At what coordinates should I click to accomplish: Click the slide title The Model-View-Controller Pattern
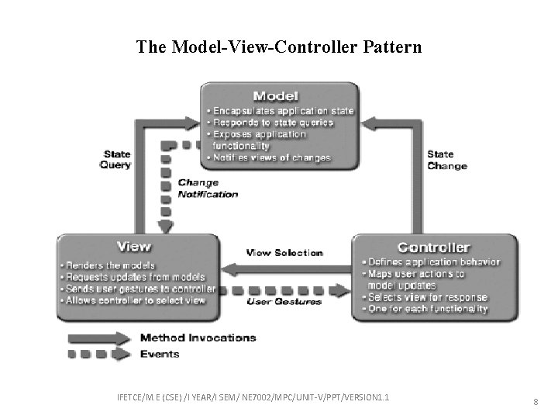point(279,47)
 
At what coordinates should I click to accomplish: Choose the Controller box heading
point(433,248)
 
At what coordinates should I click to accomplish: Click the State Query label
point(115,159)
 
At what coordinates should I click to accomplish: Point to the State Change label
point(447,160)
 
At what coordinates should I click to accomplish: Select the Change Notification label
point(208,189)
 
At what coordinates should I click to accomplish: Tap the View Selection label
point(284,253)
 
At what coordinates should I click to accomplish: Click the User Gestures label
point(284,301)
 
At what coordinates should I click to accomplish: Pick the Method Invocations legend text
point(198,338)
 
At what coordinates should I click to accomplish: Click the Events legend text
point(160,354)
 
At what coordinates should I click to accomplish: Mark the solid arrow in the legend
point(100,338)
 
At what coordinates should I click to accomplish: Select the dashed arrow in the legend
point(100,355)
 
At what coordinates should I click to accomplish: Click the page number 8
point(536,402)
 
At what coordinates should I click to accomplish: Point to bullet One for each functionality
point(425,309)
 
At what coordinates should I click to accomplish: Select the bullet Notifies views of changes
point(269,158)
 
